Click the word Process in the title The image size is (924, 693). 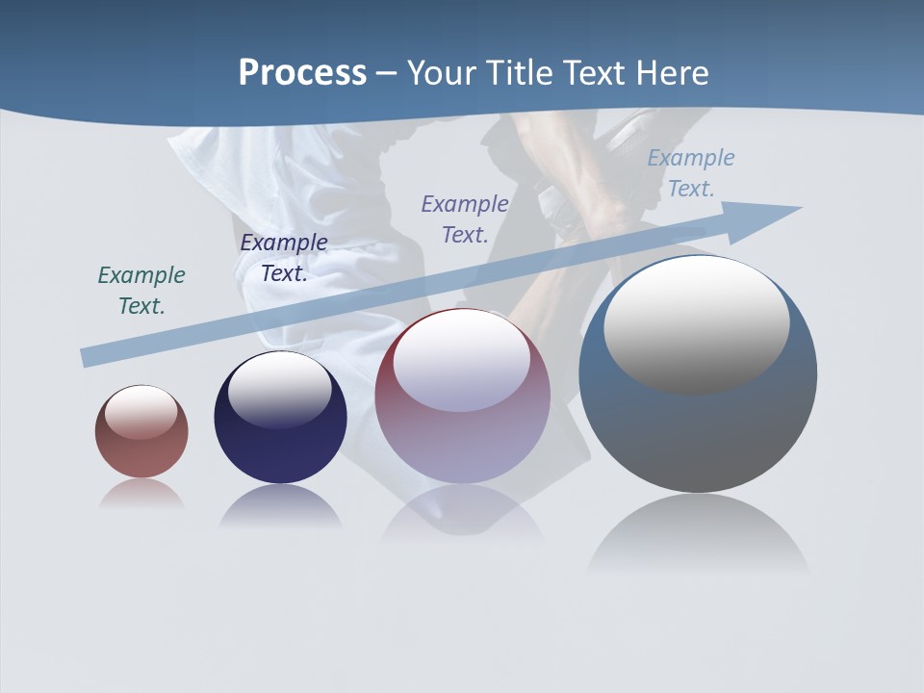(302, 73)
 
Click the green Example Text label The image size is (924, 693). (141, 290)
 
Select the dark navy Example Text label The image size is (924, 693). (284, 257)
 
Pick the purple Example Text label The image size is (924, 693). (465, 218)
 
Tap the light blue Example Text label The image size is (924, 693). (691, 173)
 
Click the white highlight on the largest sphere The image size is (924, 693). (697, 322)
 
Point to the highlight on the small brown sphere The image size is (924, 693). (141, 412)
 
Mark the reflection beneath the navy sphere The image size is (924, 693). (280, 506)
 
